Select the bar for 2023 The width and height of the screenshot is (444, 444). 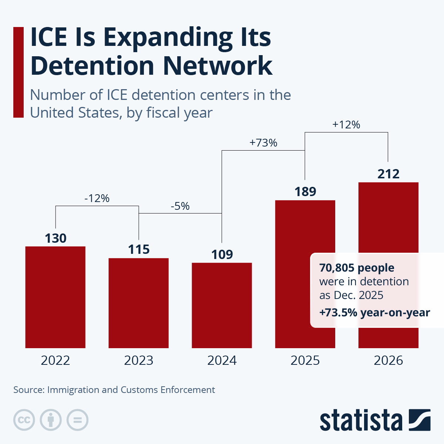pos(138,303)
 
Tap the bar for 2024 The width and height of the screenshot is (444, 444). pos(222,305)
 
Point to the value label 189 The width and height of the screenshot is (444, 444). pos(305,192)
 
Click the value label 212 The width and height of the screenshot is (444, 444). pos(388,174)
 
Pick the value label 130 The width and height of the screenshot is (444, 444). pos(55,238)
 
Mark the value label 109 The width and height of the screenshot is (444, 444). pos(222,255)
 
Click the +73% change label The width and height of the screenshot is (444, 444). pos(263,143)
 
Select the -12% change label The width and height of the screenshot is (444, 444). pos(97,199)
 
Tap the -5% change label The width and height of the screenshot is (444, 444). pos(180,206)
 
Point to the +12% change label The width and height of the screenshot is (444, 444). pos(346,125)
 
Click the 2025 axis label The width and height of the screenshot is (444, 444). pos(305,360)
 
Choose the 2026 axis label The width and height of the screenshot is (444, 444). pos(388,360)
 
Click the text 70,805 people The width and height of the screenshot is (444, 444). pos(357,268)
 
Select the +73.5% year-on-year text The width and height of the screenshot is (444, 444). pos(374,313)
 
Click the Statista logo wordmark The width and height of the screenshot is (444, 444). pos(361,421)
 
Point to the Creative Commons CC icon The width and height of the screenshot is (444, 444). pos(24,420)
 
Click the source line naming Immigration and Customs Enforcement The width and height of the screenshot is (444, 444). pos(114,390)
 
